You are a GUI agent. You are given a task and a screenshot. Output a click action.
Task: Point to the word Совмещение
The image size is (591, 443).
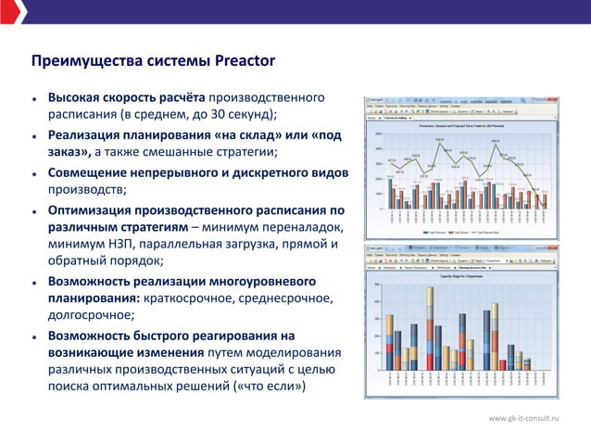tap(94, 173)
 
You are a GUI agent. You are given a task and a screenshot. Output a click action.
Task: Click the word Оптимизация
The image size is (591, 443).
tap(94, 211)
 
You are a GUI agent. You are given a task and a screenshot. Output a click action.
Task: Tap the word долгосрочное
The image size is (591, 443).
tap(93, 316)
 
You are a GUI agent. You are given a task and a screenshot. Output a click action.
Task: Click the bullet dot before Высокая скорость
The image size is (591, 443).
tap(34, 98)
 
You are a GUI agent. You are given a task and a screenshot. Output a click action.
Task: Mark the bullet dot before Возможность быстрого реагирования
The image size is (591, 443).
tap(34, 335)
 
